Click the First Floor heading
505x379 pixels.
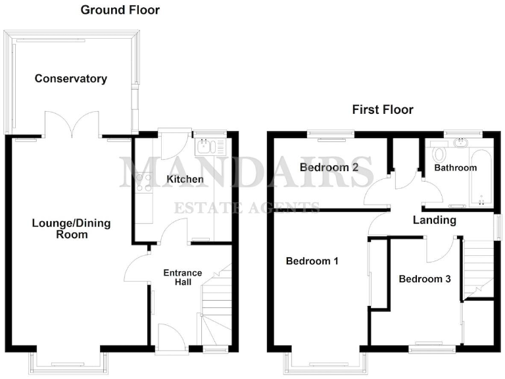[x=383, y=109]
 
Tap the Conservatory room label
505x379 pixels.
[x=70, y=79]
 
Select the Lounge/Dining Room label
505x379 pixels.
[x=71, y=228]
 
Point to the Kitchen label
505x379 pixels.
[x=185, y=179]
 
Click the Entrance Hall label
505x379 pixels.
[x=182, y=277]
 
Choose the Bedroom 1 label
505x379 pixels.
[x=312, y=261]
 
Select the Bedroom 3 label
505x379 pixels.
[x=425, y=279]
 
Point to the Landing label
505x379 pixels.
[x=434, y=220]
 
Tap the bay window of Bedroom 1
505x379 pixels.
[x=325, y=361]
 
